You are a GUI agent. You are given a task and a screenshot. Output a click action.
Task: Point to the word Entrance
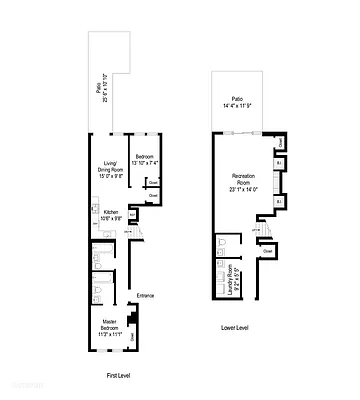point(144,295)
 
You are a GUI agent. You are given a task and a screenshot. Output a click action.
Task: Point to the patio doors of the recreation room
point(237,133)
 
